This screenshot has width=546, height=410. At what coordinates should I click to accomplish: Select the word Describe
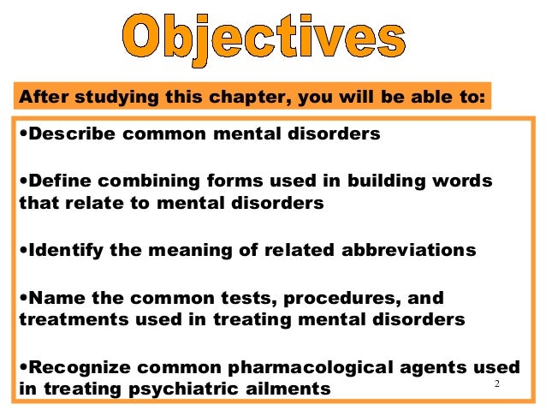click(69, 135)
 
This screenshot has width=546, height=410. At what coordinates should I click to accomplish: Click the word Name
click(52, 298)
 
